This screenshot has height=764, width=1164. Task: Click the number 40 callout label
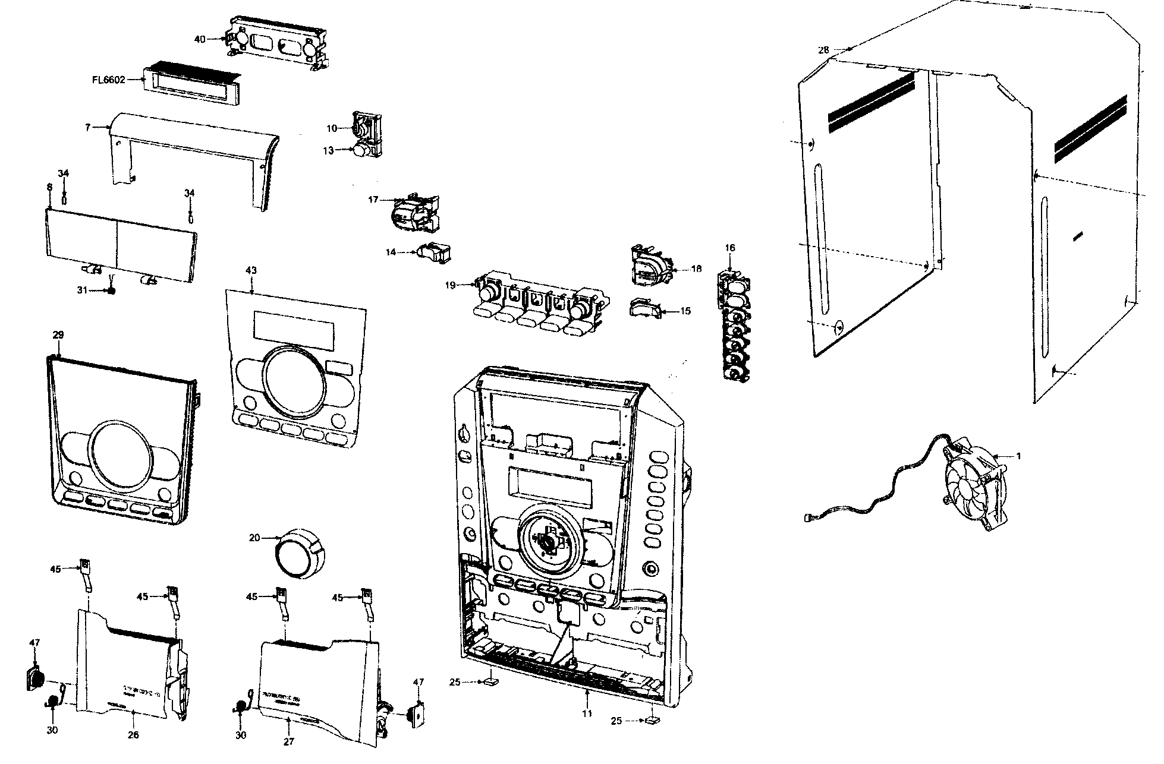tap(200, 39)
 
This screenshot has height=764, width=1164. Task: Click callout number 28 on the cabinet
tap(823, 50)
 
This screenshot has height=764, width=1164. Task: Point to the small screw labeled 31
tap(110, 291)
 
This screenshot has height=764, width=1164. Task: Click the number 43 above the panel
tap(251, 270)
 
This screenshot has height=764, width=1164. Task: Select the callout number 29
tap(58, 335)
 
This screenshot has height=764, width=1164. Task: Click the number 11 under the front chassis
tap(587, 714)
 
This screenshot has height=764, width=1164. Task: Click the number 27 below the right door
tap(288, 741)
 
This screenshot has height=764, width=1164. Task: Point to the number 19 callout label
tap(450, 286)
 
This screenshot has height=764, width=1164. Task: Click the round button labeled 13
tap(360, 151)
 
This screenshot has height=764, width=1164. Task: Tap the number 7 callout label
tap(88, 127)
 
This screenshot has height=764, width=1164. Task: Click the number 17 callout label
tap(373, 200)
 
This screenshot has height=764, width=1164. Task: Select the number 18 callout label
tap(696, 269)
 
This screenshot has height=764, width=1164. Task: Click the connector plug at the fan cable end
tap(807, 518)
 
